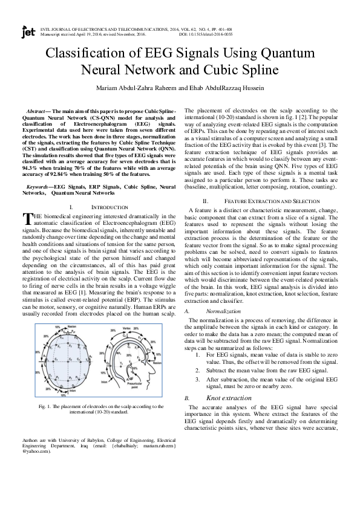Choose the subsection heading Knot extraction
228,381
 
